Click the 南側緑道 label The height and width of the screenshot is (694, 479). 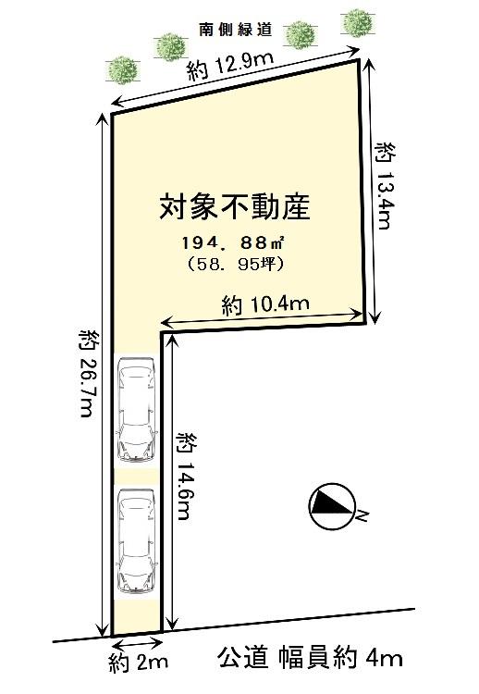pyautogui.click(x=235, y=31)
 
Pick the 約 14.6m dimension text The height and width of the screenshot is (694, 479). pyautogui.click(x=185, y=476)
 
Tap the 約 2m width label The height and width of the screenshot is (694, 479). pyautogui.click(x=137, y=662)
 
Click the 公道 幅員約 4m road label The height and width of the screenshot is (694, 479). pyautogui.click(x=311, y=658)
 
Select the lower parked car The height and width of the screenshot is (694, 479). pyautogui.click(x=136, y=541)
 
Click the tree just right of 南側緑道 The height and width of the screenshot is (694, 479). pyautogui.click(x=300, y=35)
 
